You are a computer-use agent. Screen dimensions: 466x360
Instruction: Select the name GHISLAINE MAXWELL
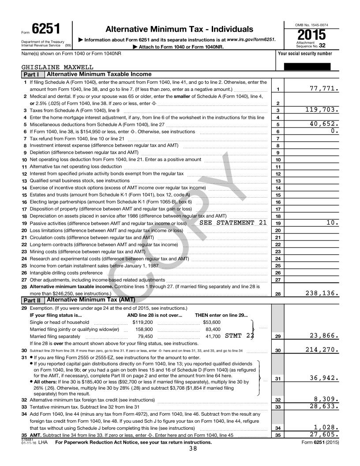pos(57,68)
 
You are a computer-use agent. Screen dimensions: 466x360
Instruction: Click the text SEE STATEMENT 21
pos(233,222)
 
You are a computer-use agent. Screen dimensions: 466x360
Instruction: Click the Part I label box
pos(32,75)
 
